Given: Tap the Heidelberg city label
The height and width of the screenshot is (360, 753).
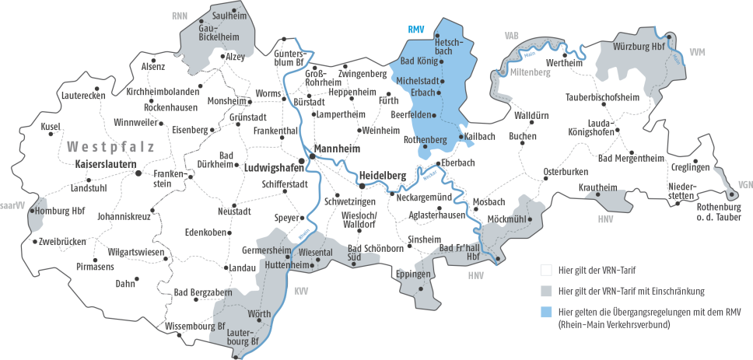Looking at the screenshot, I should (384, 176).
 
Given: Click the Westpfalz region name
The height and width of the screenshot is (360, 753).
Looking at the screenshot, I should (110, 146).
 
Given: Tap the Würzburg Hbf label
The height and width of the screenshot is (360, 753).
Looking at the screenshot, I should (639, 45).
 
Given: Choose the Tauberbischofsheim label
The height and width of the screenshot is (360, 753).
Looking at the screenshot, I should (602, 97).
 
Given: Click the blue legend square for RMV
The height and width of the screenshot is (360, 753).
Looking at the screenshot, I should (547, 312).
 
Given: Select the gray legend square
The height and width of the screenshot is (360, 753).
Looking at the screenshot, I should (547, 291).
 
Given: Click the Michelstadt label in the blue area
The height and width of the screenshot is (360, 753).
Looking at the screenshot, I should (418, 81).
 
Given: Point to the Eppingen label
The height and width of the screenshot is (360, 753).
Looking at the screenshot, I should (413, 275).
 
